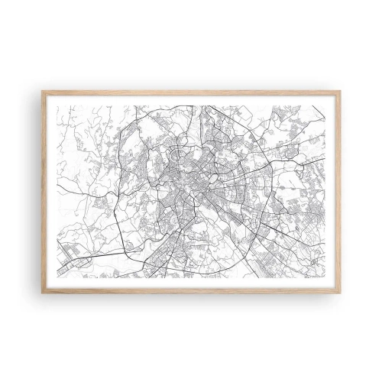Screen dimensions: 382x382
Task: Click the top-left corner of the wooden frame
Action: click(x=42, y=91)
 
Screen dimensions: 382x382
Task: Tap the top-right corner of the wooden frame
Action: click(x=341, y=91)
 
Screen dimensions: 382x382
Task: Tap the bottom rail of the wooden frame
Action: click(x=191, y=290)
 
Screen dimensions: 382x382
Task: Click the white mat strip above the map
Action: click(x=191, y=99)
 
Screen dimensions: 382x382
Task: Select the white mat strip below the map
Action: click(x=191, y=282)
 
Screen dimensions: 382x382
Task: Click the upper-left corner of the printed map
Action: click(x=57, y=106)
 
